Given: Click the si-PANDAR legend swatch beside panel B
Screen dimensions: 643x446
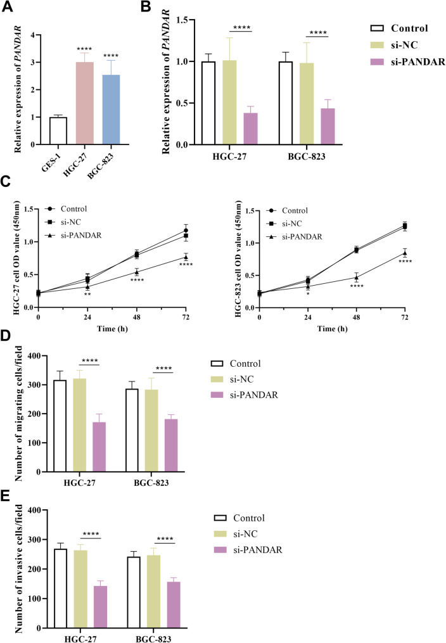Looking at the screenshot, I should [x=379, y=62].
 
